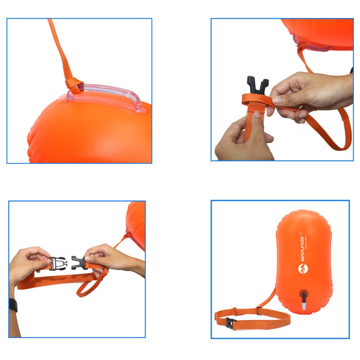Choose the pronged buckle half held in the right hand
[x=78, y=262]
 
